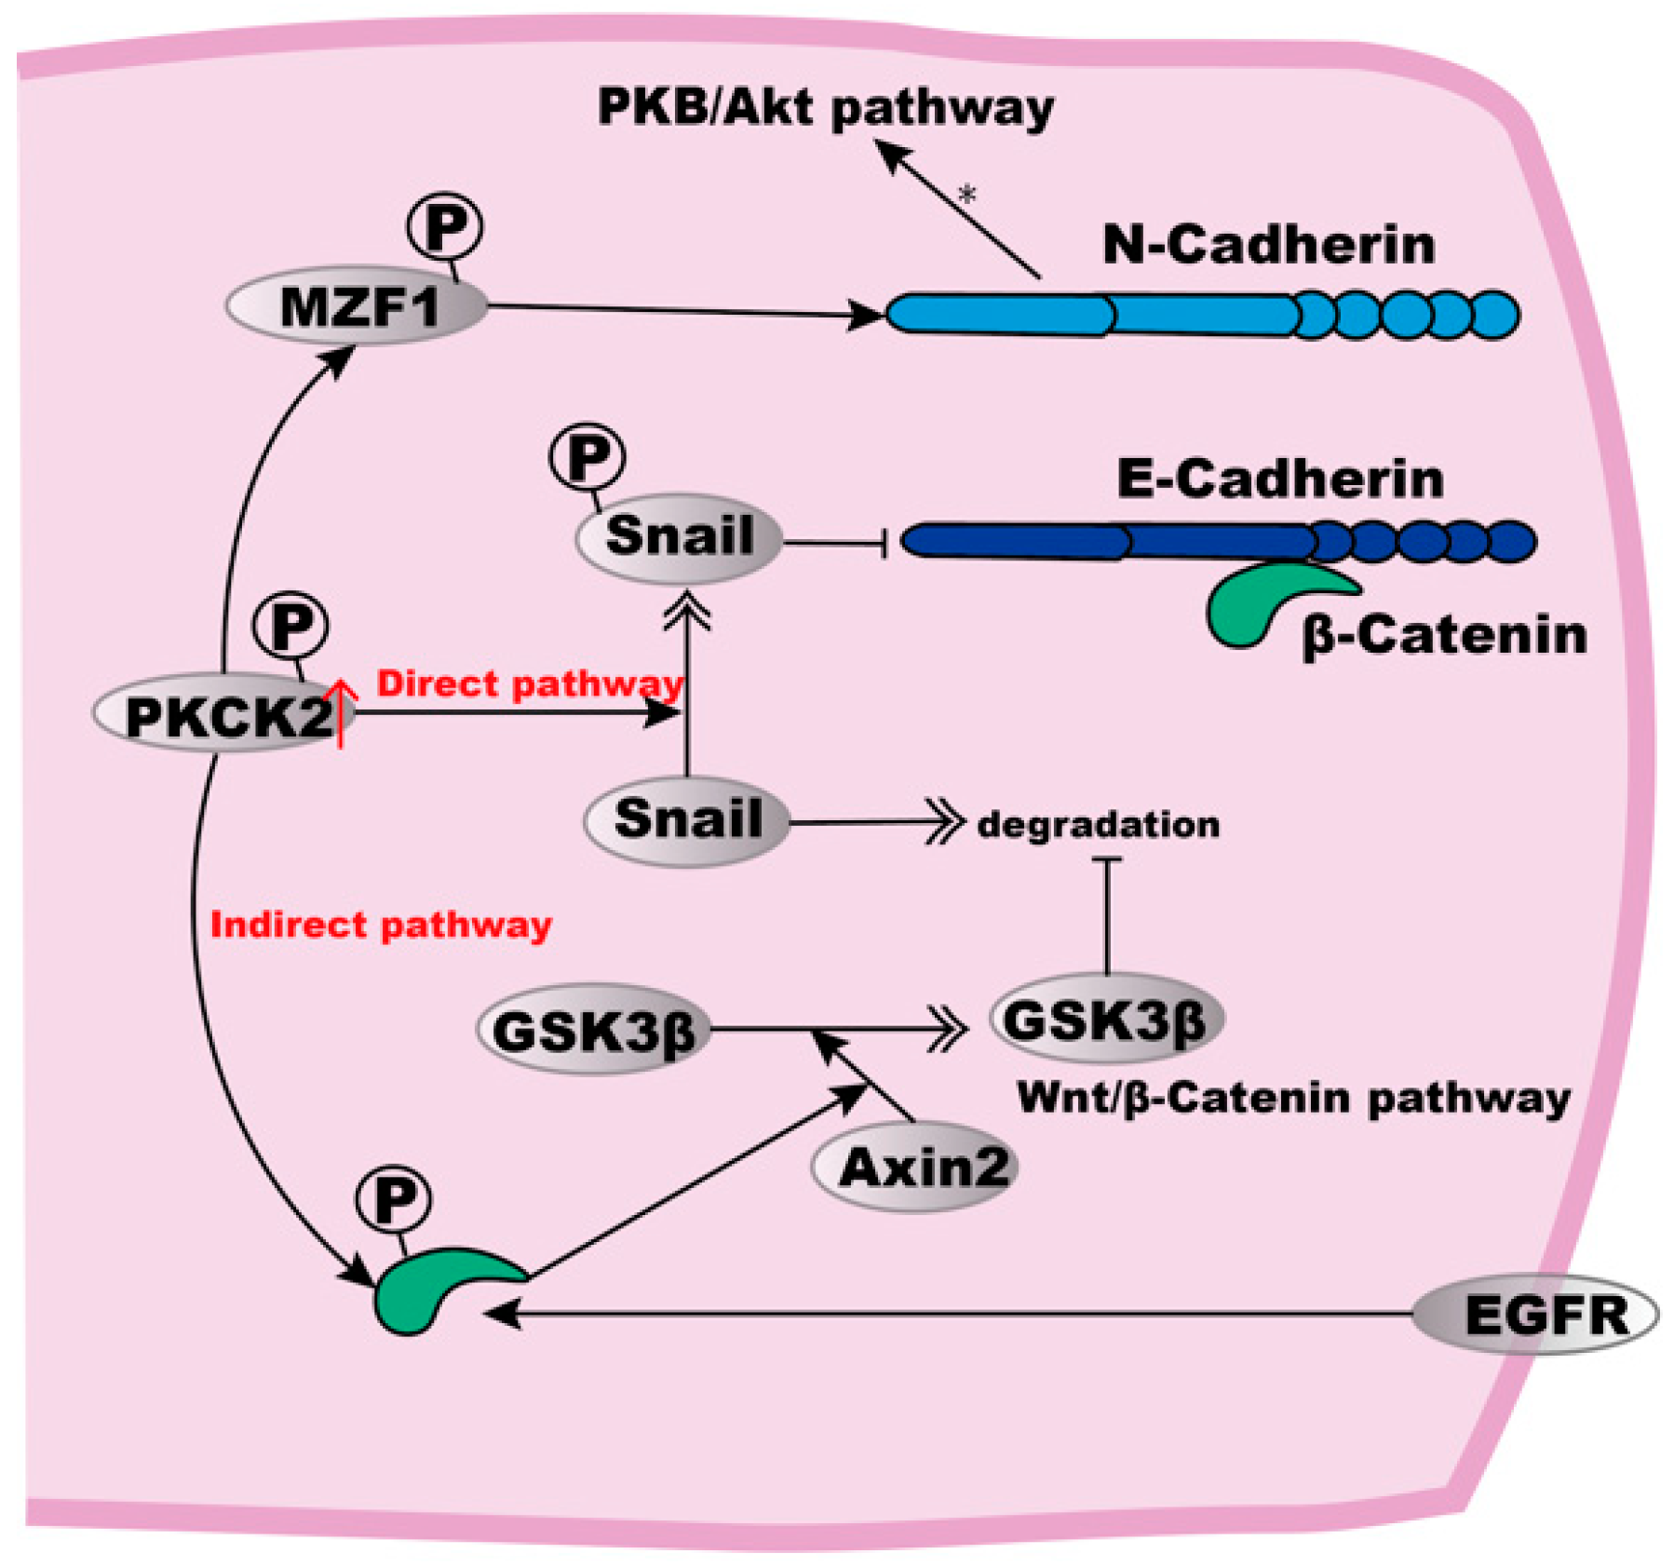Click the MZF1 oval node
pos(358,306)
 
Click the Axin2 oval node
pos(914,1167)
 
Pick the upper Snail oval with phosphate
pos(679,537)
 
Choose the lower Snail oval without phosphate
pos(686,820)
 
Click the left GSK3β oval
pos(593,1030)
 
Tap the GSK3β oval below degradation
pos(1105,1019)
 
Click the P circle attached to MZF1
pos(445,226)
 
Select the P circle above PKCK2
pos(290,627)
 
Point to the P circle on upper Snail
pos(587,456)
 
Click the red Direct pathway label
pos(529,683)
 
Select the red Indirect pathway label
pos(381,925)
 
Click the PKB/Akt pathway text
pos(825,107)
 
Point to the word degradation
pos(1098,824)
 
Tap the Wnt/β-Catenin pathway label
pos(1292,1098)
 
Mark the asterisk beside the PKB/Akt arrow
pos(967,195)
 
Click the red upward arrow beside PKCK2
pos(341,712)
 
